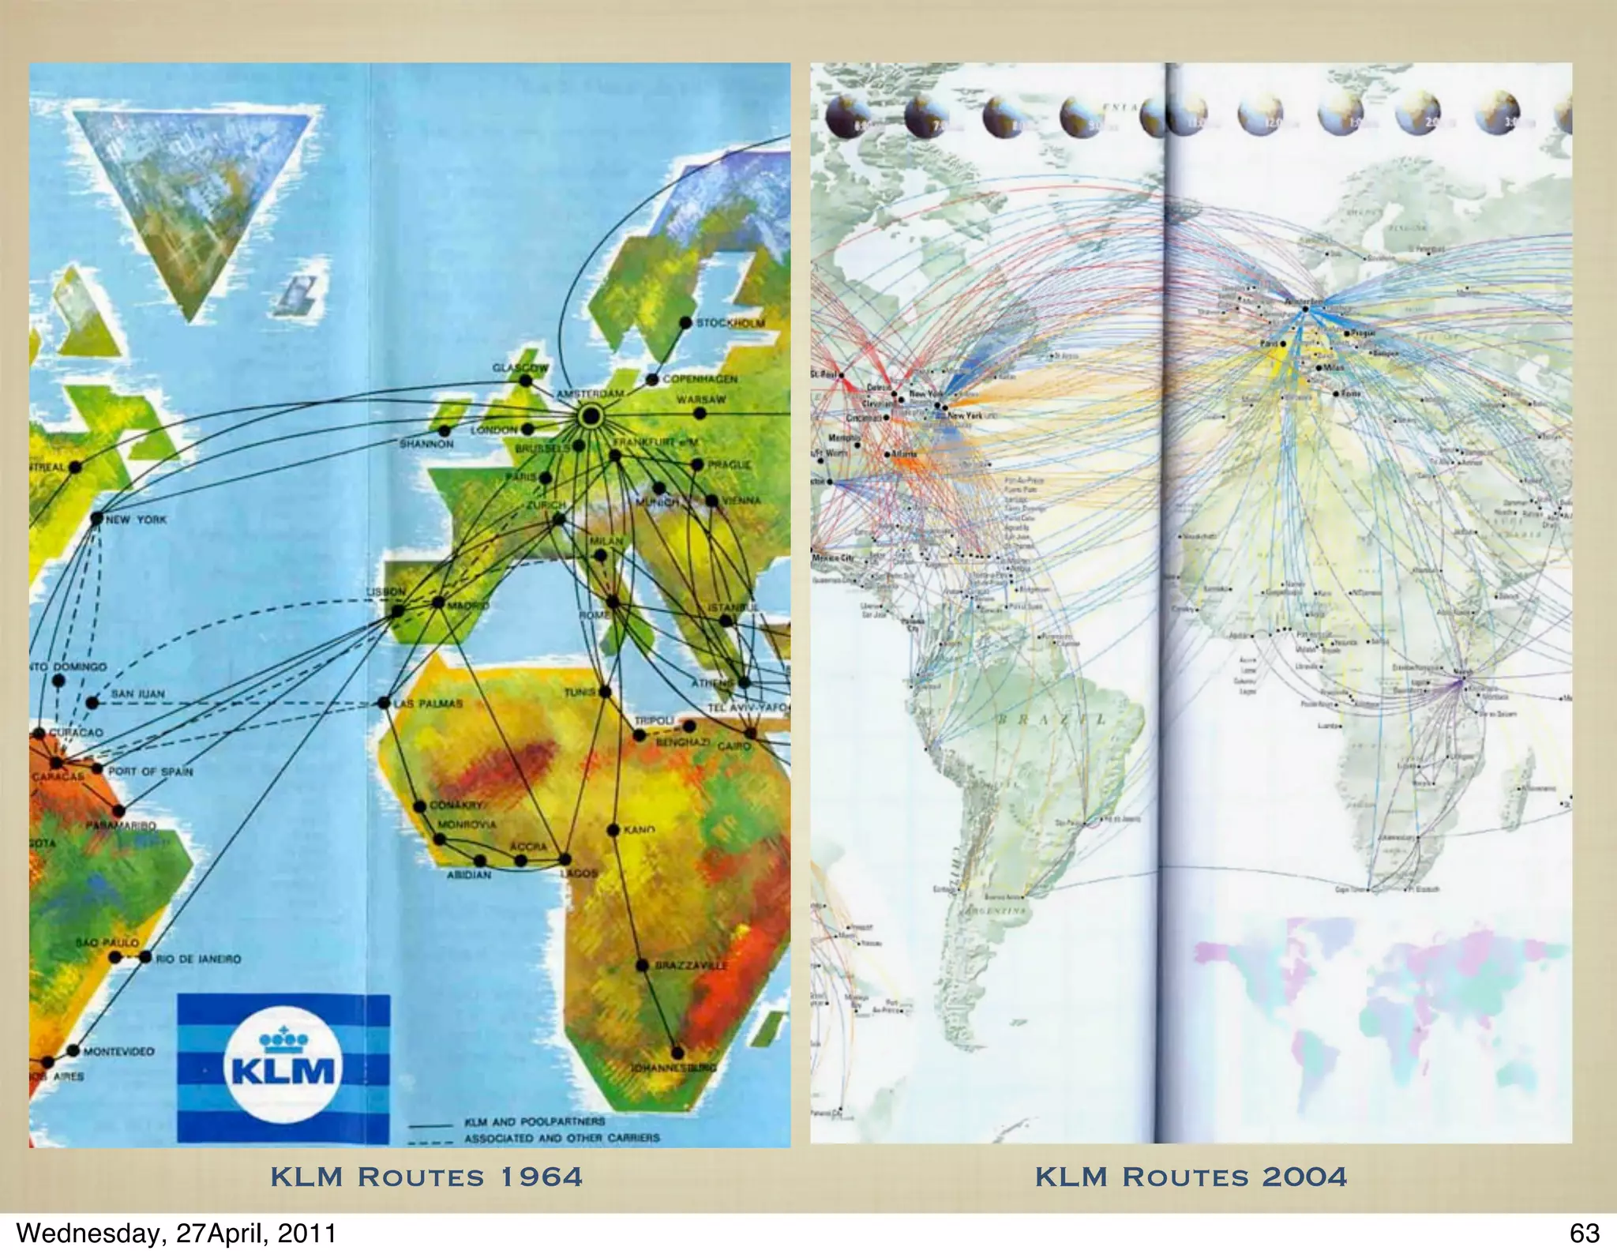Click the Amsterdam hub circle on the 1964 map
tap(590, 416)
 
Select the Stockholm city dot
tap(685, 323)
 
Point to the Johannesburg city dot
tap(677, 1053)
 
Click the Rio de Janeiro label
tap(198, 959)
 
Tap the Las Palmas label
tap(429, 703)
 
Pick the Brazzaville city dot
tap(642, 965)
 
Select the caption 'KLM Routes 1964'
tap(426, 1177)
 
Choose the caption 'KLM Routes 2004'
tap(1191, 1177)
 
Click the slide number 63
tap(1584, 1233)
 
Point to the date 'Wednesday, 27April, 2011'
tap(176, 1233)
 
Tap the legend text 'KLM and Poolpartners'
tap(535, 1121)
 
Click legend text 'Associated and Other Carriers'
tap(561, 1138)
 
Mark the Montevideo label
tap(118, 1051)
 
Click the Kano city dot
tap(613, 830)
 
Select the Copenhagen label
tap(700, 379)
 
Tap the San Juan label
tap(137, 694)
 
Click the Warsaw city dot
tap(700, 413)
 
